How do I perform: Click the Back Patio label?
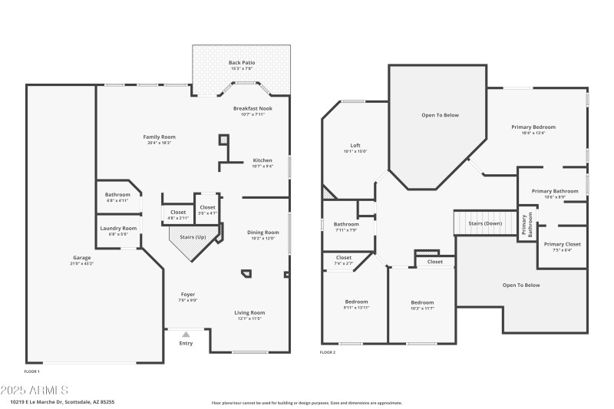[242, 62]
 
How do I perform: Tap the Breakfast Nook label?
[253, 109]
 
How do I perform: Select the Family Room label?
[160, 137]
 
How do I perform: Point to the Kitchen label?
[262, 160]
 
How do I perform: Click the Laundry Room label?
[118, 228]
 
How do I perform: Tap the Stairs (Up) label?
[193, 238]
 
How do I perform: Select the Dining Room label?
[261, 233]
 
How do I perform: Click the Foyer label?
[188, 295]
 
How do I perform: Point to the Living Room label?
[249, 312]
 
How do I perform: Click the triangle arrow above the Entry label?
[186, 335]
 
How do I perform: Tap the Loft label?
[355, 145]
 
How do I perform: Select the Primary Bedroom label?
[533, 127]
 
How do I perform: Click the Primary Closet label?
[563, 244]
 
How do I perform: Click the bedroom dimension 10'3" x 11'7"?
[422, 308]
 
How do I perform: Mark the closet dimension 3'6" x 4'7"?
[208, 213]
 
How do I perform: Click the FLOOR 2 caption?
[328, 352]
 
